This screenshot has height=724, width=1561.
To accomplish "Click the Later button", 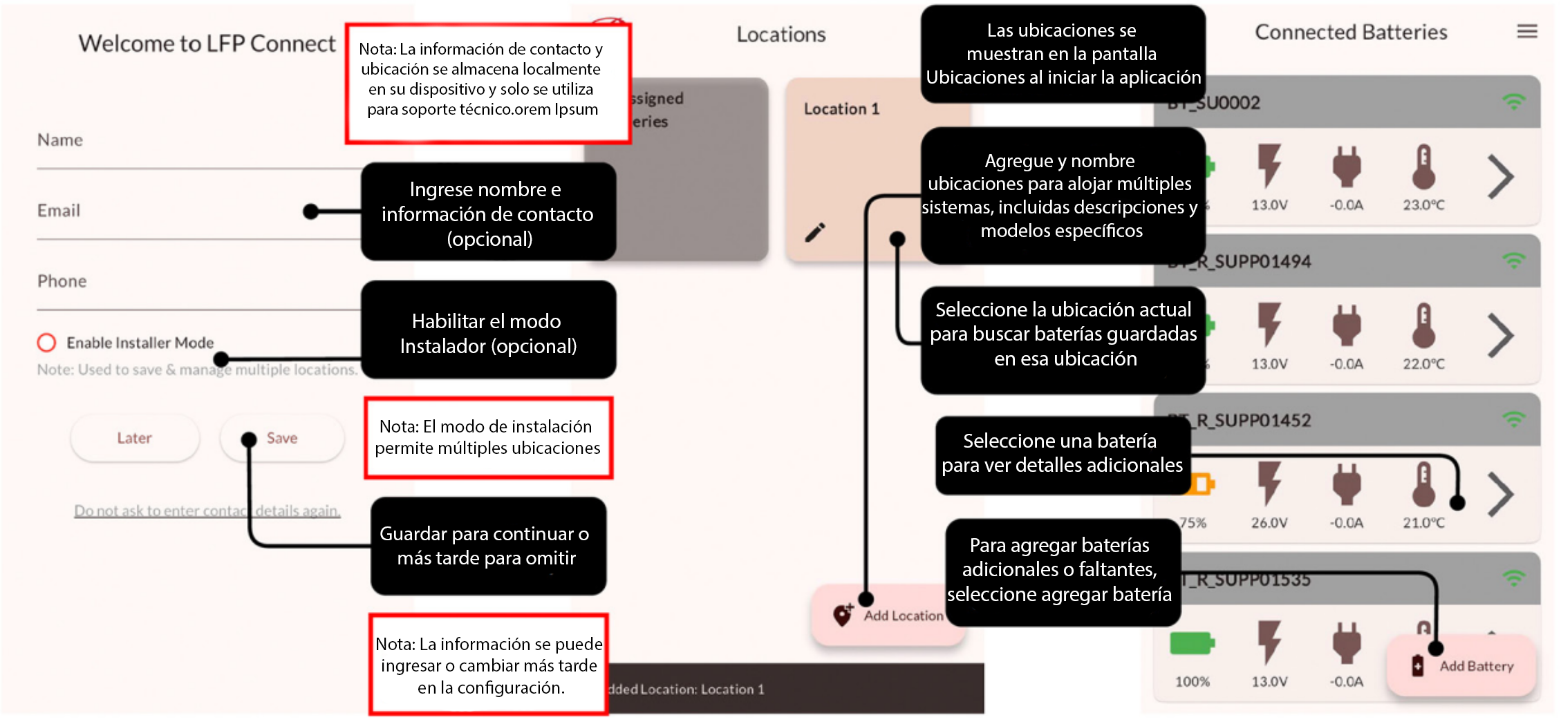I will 134,438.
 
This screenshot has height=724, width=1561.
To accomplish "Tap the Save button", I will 282,438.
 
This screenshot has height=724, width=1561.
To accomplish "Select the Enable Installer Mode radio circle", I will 46,343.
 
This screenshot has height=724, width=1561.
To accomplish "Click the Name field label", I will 60,140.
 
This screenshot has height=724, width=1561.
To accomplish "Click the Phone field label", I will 62,281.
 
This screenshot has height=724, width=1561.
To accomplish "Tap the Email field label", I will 59,211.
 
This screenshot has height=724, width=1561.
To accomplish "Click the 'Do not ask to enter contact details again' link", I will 207,511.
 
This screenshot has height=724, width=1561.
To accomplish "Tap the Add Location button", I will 888,616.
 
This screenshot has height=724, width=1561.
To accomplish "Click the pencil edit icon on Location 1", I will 815,233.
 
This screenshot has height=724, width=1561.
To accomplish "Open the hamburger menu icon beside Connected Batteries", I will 1527,31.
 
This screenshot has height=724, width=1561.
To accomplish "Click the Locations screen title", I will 781,35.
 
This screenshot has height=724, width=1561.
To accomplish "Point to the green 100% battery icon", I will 1191,644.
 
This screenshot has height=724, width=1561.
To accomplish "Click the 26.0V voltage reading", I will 1269,523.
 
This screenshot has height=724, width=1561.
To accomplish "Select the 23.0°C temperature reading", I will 1423,205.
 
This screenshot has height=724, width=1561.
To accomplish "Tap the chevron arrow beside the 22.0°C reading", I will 1500,336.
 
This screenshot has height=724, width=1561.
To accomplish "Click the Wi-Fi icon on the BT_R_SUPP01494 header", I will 1514,261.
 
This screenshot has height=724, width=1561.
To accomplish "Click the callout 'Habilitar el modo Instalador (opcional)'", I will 488,333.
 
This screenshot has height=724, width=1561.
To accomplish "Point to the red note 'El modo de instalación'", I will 488,437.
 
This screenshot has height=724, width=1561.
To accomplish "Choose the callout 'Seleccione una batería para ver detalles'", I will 1062,453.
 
